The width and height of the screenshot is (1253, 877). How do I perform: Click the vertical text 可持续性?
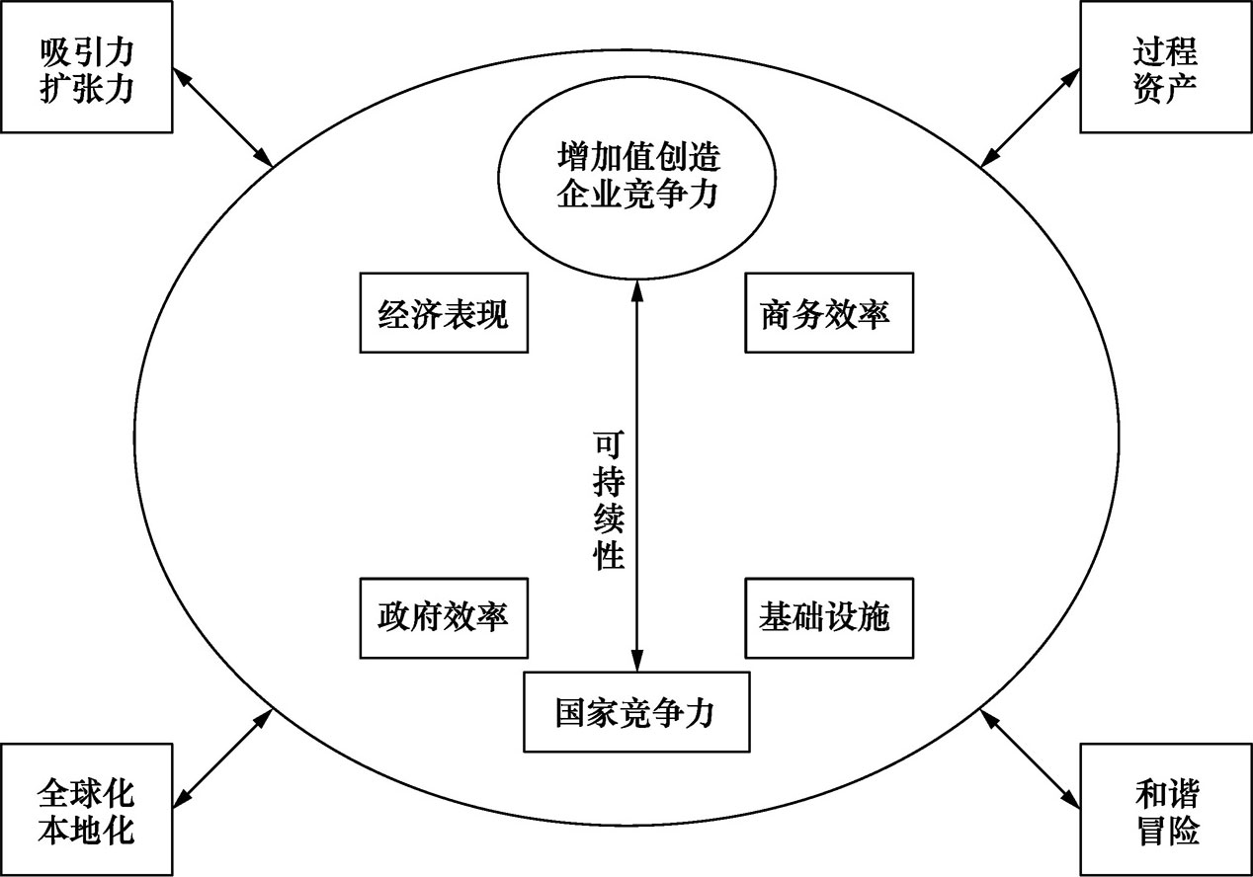pyautogui.click(x=609, y=501)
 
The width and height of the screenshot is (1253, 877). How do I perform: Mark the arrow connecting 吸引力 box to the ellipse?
pyautogui.click(x=222, y=118)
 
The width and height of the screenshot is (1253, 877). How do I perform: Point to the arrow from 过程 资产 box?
pyautogui.click(x=1030, y=118)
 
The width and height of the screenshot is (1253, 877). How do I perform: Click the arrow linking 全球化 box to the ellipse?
pyautogui.click(x=222, y=758)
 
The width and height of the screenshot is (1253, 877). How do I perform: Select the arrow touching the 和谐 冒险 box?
pyautogui.click(x=1030, y=758)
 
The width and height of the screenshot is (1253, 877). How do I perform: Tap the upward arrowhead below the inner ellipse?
pyautogui.click(x=637, y=290)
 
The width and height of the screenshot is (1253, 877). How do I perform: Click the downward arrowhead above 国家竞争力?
pyautogui.click(x=637, y=660)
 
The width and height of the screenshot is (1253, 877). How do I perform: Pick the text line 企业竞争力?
pyautogui.click(x=637, y=194)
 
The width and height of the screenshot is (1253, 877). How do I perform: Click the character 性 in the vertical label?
pyautogui.click(x=609, y=555)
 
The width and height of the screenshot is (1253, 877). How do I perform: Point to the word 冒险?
pyautogui.click(x=1168, y=830)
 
